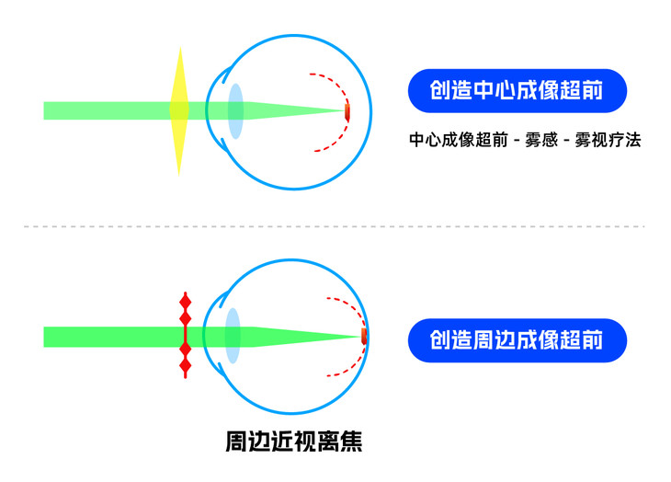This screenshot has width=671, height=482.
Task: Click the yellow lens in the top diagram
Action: point(178,110)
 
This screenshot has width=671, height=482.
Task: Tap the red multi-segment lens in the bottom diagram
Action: point(185,336)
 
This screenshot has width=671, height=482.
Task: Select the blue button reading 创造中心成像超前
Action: point(517,90)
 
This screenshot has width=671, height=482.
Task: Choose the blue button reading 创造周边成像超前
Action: point(517,340)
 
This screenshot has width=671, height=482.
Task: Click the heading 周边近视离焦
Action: point(294,442)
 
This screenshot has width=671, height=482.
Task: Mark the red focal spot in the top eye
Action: point(347,112)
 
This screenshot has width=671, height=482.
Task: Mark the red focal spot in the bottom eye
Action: point(364,336)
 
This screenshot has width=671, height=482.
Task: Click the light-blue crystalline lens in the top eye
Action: point(235,111)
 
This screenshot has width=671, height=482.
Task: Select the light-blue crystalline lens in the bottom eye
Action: point(233,337)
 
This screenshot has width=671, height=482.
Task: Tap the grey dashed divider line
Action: point(335,225)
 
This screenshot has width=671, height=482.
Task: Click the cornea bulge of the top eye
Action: point(212,111)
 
